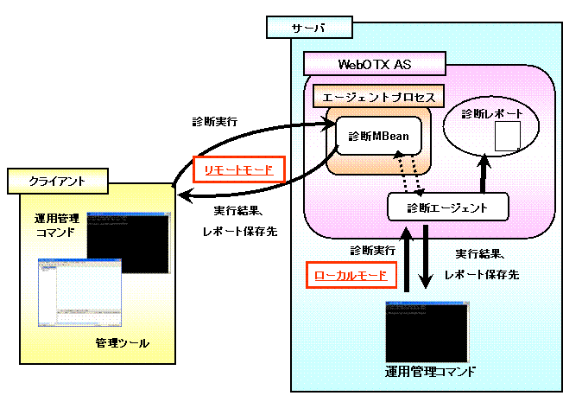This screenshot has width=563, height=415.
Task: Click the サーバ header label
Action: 309,28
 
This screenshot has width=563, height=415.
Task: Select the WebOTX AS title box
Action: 373,64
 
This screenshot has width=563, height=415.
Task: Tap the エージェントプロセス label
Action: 378,95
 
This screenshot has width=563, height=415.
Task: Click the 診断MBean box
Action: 377,136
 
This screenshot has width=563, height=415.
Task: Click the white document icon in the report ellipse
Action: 508,135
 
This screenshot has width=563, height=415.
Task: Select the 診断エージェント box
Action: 446,207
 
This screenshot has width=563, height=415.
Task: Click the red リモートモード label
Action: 238,170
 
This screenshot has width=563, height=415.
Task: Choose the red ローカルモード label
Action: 351,276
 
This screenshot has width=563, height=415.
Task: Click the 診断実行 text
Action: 372,250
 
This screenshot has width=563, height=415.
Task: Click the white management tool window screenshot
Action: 76,294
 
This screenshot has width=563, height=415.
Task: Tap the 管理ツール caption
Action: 122,344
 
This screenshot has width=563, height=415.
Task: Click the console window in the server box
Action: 427,332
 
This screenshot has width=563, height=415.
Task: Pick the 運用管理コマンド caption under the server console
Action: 430,373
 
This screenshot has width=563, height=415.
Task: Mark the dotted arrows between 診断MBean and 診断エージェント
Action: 408,173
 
